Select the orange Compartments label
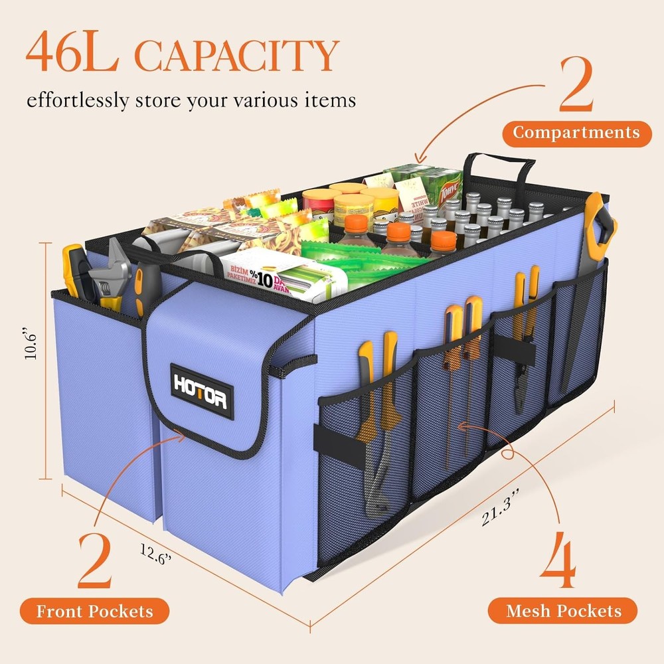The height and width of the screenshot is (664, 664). coord(576,133)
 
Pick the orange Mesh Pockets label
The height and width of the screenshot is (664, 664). coord(563,611)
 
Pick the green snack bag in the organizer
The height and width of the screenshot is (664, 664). coord(359,258)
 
